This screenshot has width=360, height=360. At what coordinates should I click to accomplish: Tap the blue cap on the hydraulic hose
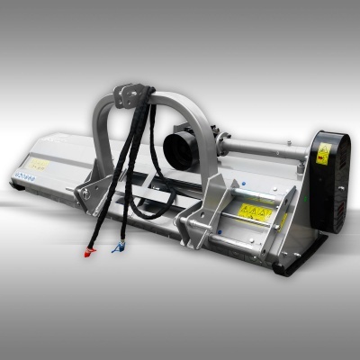pyautogui.click(x=114, y=247)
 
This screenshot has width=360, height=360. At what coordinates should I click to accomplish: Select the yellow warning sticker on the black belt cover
pyautogui.click(x=323, y=152)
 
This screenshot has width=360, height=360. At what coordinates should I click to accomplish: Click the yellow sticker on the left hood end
pyautogui.click(x=39, y=165)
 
